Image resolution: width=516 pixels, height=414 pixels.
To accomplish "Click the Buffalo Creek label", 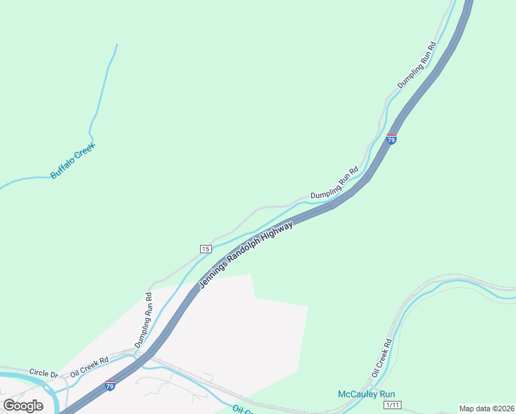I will click(72, 161).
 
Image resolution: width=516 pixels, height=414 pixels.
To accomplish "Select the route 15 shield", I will click(206, 248).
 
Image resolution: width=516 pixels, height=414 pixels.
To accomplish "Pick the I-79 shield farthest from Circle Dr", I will click(391, 139).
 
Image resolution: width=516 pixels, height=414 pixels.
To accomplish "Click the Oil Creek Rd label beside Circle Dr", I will click(90, 362).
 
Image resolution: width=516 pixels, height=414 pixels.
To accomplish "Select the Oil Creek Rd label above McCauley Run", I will click(381, 357).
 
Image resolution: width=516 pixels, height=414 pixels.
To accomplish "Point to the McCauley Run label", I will click(366, 394).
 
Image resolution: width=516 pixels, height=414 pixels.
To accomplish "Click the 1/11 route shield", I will click(393, 405).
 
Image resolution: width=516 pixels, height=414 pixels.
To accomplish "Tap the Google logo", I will click(23, 406).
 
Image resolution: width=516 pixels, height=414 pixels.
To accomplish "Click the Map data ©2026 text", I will click(486, 408).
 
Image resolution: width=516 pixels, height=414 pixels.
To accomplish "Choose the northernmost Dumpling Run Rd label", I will click(417, 66).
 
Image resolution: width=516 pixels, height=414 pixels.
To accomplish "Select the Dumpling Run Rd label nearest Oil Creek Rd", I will click(143, 319).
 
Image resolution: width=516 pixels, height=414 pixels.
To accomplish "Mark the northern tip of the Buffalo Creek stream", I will click(117, 46).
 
